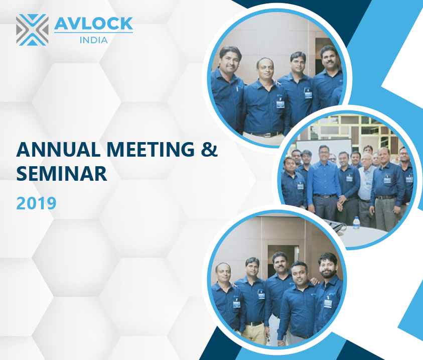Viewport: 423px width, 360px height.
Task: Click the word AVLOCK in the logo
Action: [x=93, y=24]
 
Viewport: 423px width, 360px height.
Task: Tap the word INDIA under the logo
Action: [x=94, y=40]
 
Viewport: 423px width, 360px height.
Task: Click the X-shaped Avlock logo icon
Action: [x=33, y=30]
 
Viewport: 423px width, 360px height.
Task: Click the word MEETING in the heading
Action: [x=151, y=149]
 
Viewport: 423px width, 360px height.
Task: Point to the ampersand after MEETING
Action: [x=209, y=149]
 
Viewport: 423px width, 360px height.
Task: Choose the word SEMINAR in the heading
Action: [x=62, y=174]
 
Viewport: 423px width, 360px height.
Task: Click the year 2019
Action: [x=37, y=203]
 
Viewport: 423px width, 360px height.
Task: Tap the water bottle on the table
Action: [x=356, y=223]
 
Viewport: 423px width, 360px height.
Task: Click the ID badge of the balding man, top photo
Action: [x=280, y=104]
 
